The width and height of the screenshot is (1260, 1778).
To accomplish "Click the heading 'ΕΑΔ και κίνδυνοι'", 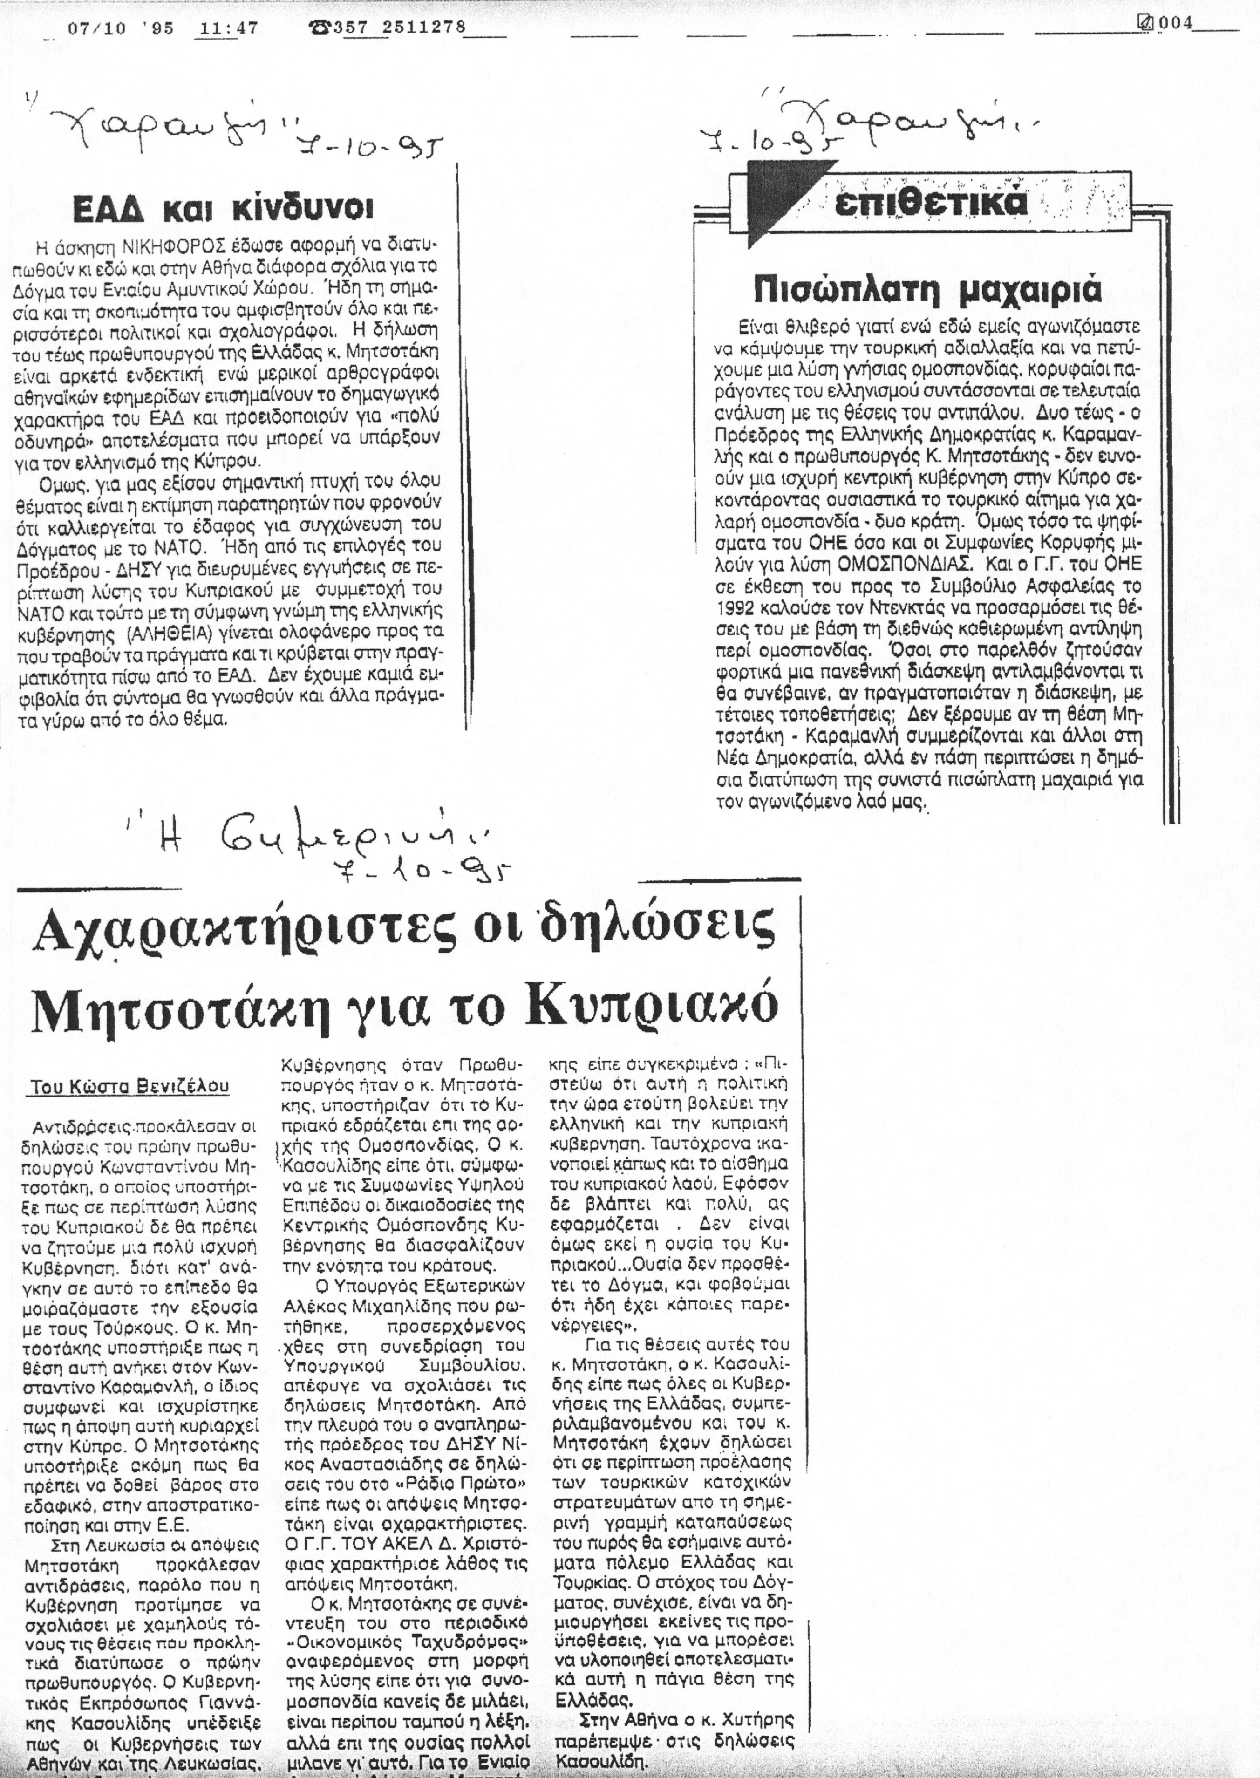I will coord(223,209).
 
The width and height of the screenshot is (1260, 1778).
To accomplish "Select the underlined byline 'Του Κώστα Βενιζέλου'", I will coord(131,1087).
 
